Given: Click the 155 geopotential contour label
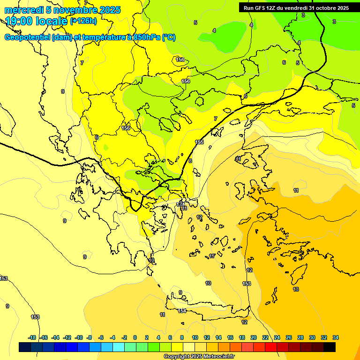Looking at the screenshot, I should (x=199, y=142).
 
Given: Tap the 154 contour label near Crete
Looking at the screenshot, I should (x=182, y=311).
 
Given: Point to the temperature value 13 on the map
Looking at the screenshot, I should (x=296, y=289).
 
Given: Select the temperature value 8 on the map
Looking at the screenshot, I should (x=190, y=161).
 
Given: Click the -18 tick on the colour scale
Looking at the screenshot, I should (x=32, y=337).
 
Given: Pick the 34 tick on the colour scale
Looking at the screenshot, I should (x=336, y=337).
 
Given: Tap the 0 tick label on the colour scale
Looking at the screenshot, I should (x=135, y=337).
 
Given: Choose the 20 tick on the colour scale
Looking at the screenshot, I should (x=254, y=337).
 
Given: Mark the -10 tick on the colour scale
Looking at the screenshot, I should (x=79, y=337).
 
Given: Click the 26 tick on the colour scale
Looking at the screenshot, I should (x=289, y=337).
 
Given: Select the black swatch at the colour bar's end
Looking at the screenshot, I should (x=330, y=347).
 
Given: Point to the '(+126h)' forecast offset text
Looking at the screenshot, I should (x=83, y=21).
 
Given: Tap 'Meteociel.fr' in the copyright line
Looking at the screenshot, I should (x=214, y=356).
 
